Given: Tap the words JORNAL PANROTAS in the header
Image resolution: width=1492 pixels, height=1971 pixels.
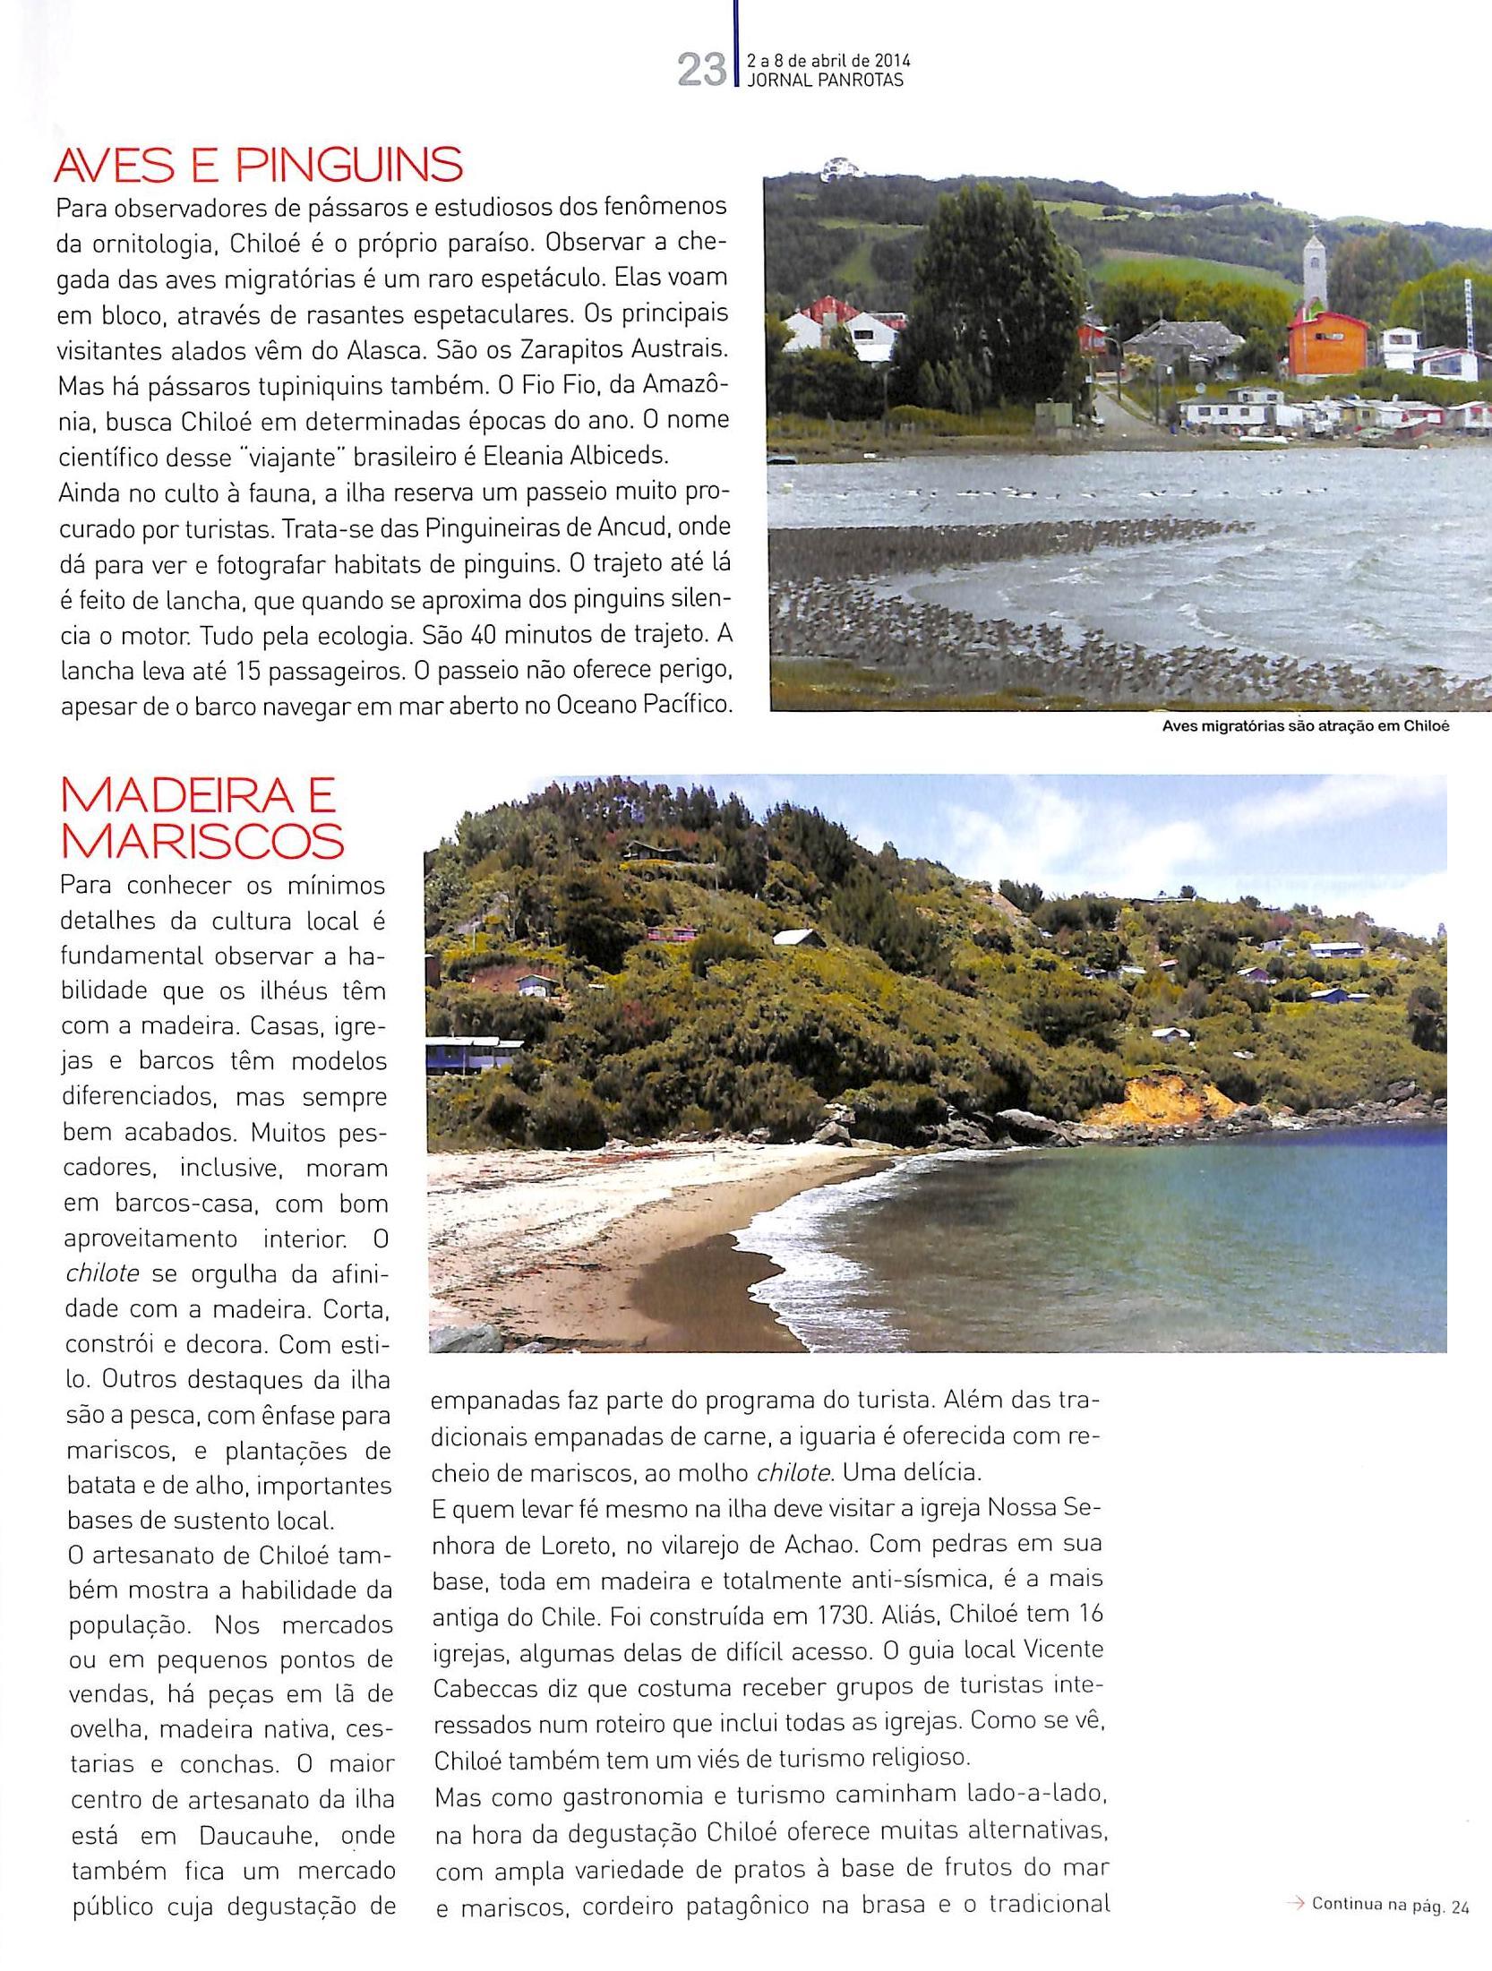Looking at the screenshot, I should tap(825, 80).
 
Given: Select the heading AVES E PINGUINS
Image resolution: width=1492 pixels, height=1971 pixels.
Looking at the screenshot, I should tap(259, 165).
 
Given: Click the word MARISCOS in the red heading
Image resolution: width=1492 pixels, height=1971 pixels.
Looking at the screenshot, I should tap(202, 841).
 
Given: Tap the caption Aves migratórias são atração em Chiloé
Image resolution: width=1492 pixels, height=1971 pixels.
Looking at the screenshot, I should tap(1305, 726).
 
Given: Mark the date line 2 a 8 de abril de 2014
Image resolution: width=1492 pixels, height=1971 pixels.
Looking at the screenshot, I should tap(828, 61).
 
